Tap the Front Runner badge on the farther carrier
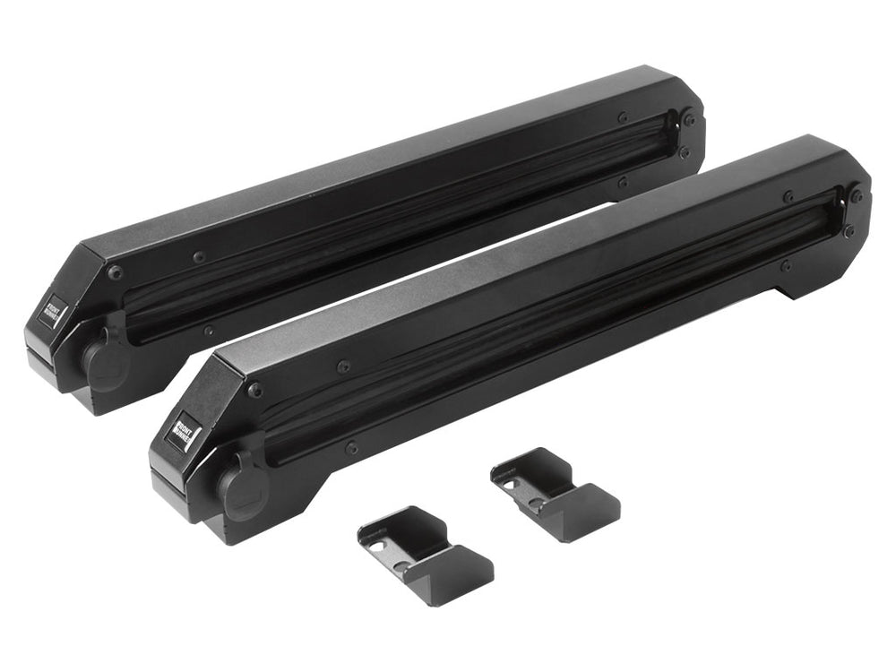coord(53,310)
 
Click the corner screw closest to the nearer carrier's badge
coord(255,390)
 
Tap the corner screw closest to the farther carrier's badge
coord(116,271)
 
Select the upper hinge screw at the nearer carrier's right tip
coord(857,196)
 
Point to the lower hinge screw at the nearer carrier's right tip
coord(847,231)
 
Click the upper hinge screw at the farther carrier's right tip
coord(689,119)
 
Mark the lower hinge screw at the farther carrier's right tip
coord(684,152)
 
